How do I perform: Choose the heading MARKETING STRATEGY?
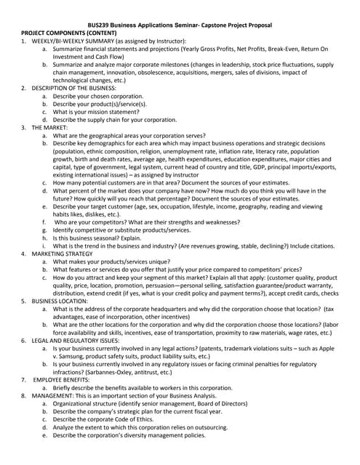62,254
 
